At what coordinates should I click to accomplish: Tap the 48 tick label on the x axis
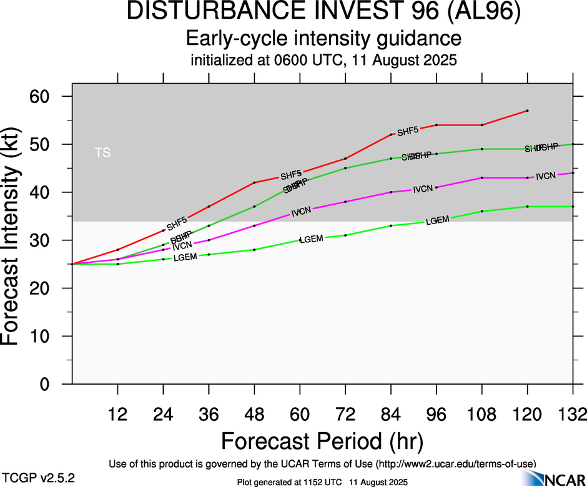[x=254, y=415]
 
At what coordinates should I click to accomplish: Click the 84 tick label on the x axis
[x=390, y=415]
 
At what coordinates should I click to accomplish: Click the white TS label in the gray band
[x=103, y=152]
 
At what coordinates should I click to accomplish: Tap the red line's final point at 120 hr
[x=528, y=111]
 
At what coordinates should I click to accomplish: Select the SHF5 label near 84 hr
[x=408, y=131]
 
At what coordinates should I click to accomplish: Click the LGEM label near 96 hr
[x=438, y=220]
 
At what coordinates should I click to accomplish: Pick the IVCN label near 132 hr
[x=546, y=176]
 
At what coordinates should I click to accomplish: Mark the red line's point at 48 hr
[x=254, y=182]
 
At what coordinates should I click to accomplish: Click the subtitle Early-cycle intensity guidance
[x=323, y=39]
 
